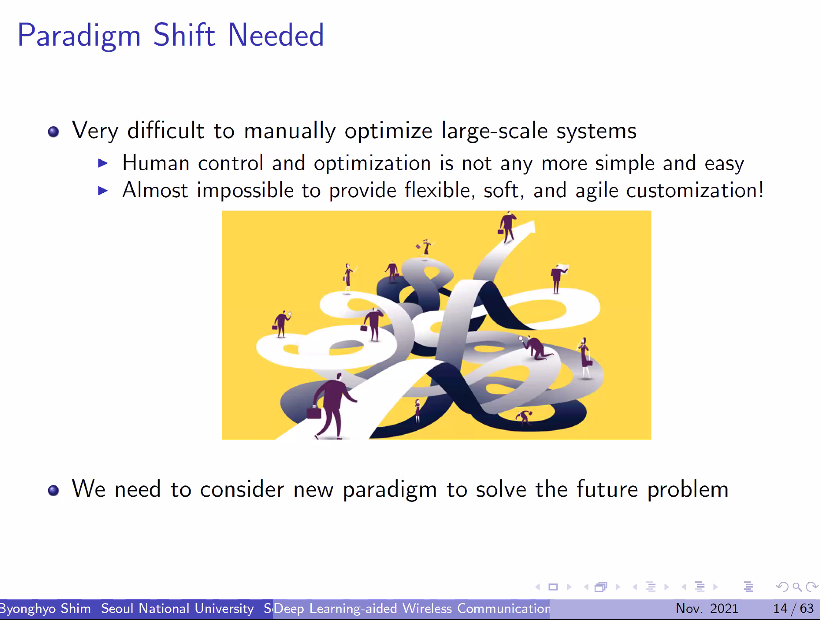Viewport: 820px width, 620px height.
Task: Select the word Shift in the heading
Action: tap(184, 35)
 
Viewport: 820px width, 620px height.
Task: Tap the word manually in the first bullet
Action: tap(290, 132)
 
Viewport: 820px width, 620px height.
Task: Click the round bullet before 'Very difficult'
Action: tap(53, 132)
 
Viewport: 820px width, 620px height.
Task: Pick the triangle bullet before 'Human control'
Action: tap(103, 163)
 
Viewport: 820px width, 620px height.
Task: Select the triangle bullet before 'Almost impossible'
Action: tap(103, 191)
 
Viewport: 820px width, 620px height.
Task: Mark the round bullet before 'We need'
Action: tap(53, 490)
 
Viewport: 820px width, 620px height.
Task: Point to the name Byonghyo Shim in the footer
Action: tap(45, 609)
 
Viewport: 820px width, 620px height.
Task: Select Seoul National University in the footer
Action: tap(177, 609)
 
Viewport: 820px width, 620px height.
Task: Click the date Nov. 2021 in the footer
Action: tap(707, 609)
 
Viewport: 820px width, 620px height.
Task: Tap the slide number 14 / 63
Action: tap(793, 609)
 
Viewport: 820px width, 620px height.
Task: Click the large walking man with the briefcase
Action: tap(331, 406)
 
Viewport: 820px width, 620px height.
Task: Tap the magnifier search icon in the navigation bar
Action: tap(797, 587)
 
